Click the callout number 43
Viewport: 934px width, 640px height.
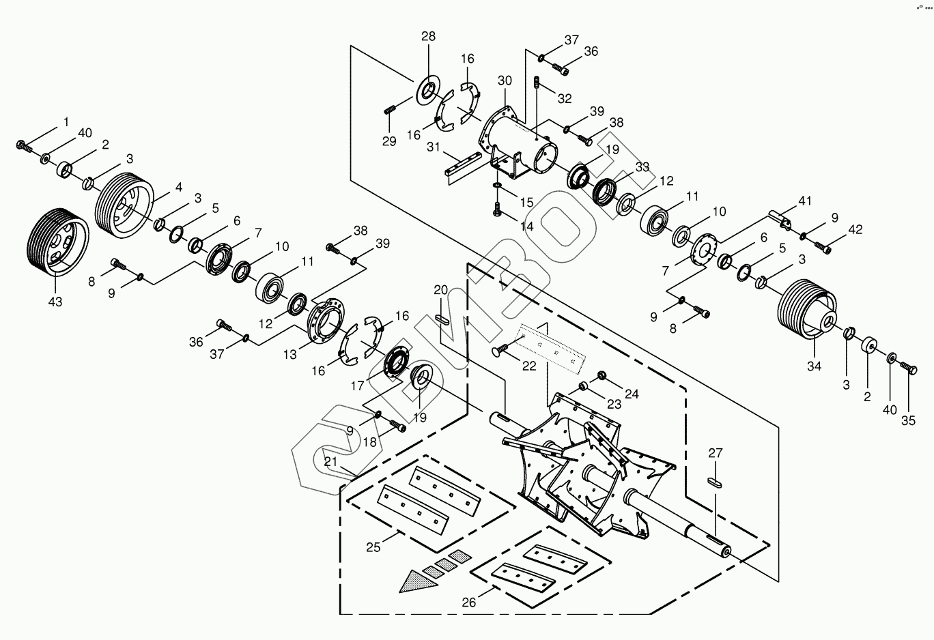(55, 302)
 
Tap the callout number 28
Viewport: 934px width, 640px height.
(428, 36)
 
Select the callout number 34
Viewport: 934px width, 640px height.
(815, 366)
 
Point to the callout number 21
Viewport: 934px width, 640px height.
(330, 461)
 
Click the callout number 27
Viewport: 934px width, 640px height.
(716, 452)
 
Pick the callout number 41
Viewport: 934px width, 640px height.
(805, 201)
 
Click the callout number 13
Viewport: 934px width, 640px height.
(289, 355)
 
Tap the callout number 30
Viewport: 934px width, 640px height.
(505, 81)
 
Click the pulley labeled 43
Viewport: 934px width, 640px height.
(57, 242)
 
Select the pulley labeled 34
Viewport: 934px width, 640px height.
(807, 310)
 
